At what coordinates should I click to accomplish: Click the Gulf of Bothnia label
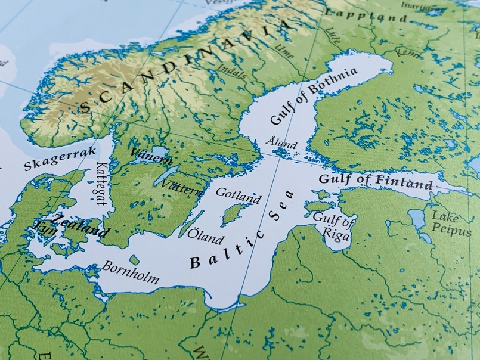pos(313,96)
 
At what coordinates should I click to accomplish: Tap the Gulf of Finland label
pos(375,181)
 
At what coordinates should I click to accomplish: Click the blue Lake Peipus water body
pos(417,220)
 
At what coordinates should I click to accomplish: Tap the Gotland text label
pos(238,195)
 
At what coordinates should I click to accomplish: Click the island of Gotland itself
pos(233,213)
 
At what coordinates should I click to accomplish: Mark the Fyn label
pos(45,227)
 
